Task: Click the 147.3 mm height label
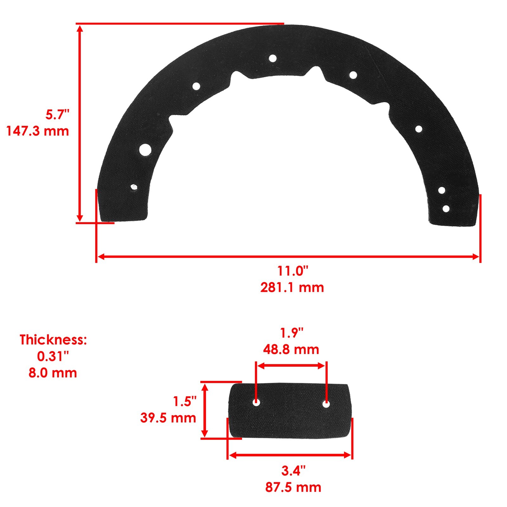(38, 131)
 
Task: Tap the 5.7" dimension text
(57, 114)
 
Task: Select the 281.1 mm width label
(292, 287)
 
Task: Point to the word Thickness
(53, 340)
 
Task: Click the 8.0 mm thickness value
(53, 373)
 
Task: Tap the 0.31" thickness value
(53, 356)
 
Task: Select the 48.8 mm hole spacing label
(291, 349)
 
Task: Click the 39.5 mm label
(168, 418)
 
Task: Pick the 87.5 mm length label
(293, 487)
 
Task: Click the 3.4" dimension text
(293, 471)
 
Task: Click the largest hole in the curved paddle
(145, 149)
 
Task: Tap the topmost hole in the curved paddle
(273, 58)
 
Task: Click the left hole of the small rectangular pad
(256, 403)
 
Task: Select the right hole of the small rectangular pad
(326, 404)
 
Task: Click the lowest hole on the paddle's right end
(446, 209)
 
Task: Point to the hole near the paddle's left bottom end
(134, 187)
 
